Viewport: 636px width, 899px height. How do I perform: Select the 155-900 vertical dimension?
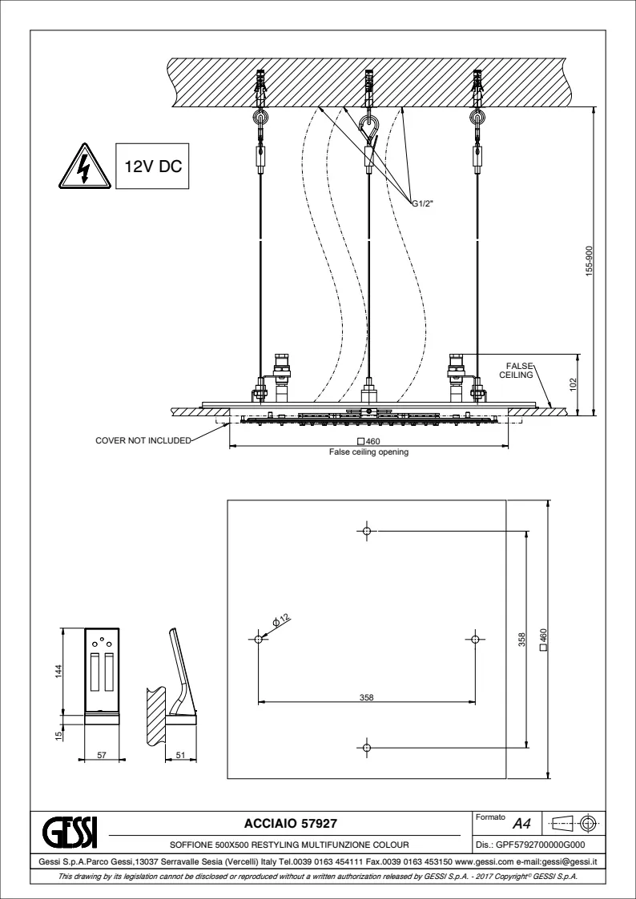click(x=588, y=261)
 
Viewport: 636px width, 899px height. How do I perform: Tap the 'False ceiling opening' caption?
click(x=369, y=452)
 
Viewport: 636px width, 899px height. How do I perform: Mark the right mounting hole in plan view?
click(x=475, y=639)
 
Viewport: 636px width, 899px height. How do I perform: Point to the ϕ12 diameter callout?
click(x=281, y=619)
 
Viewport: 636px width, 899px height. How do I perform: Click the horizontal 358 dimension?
click(x=367, y=697)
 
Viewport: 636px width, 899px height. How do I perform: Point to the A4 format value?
click(x=521, y=823)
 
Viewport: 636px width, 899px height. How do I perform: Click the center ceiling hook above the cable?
click(x=368, y=128)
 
